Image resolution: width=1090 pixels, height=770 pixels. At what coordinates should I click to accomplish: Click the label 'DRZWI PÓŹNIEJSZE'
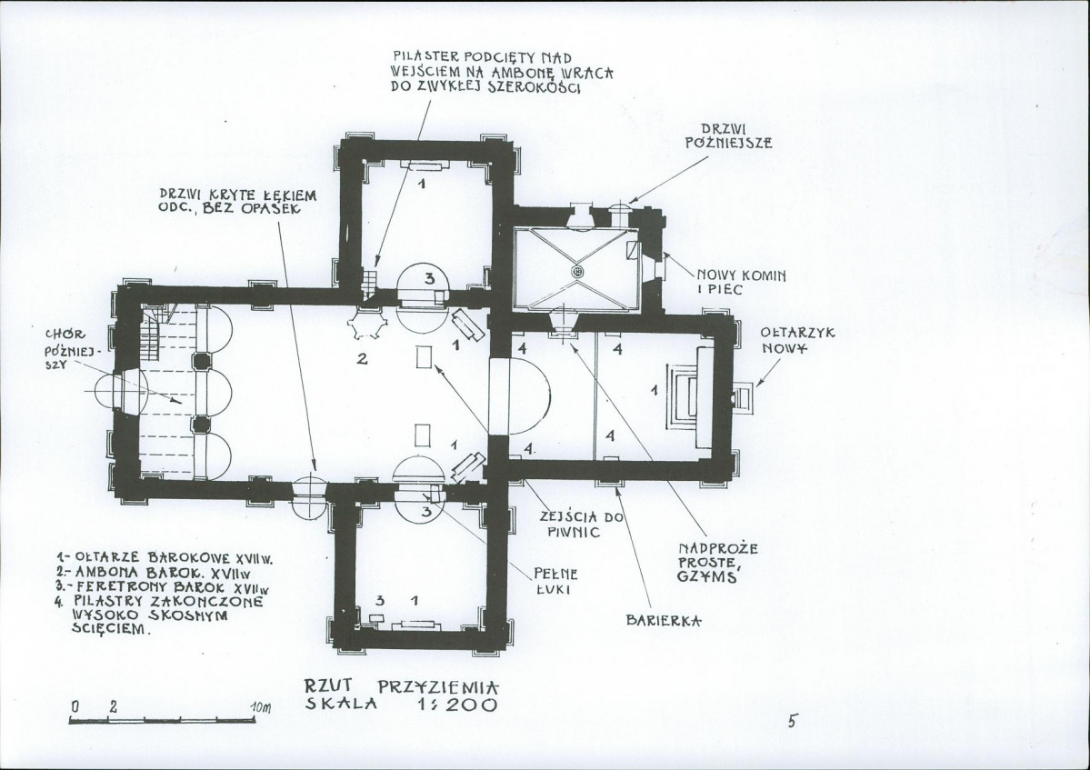pos(728,136)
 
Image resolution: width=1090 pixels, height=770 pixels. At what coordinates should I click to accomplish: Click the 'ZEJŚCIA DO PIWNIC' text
pos(581,524)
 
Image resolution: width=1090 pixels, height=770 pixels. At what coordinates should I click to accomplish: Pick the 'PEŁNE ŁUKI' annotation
pos(555,581)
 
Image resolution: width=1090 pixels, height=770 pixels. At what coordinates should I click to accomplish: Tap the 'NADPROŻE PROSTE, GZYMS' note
pos(717,563)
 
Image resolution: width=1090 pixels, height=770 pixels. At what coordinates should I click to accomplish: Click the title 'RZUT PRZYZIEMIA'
pos(402,686)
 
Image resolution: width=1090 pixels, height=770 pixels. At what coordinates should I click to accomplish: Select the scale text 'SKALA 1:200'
pos(402,705)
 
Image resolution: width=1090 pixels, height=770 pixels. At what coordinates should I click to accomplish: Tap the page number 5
pos(792,721)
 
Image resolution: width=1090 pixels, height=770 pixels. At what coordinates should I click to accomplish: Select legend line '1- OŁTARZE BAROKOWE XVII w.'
pos(163,557)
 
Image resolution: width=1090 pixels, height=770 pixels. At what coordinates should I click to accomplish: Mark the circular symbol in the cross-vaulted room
pos(576,272)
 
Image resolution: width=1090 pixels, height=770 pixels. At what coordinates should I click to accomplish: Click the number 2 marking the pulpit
pos(362,359)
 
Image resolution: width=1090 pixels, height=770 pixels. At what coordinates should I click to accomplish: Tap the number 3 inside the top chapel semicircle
pos(430,279)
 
